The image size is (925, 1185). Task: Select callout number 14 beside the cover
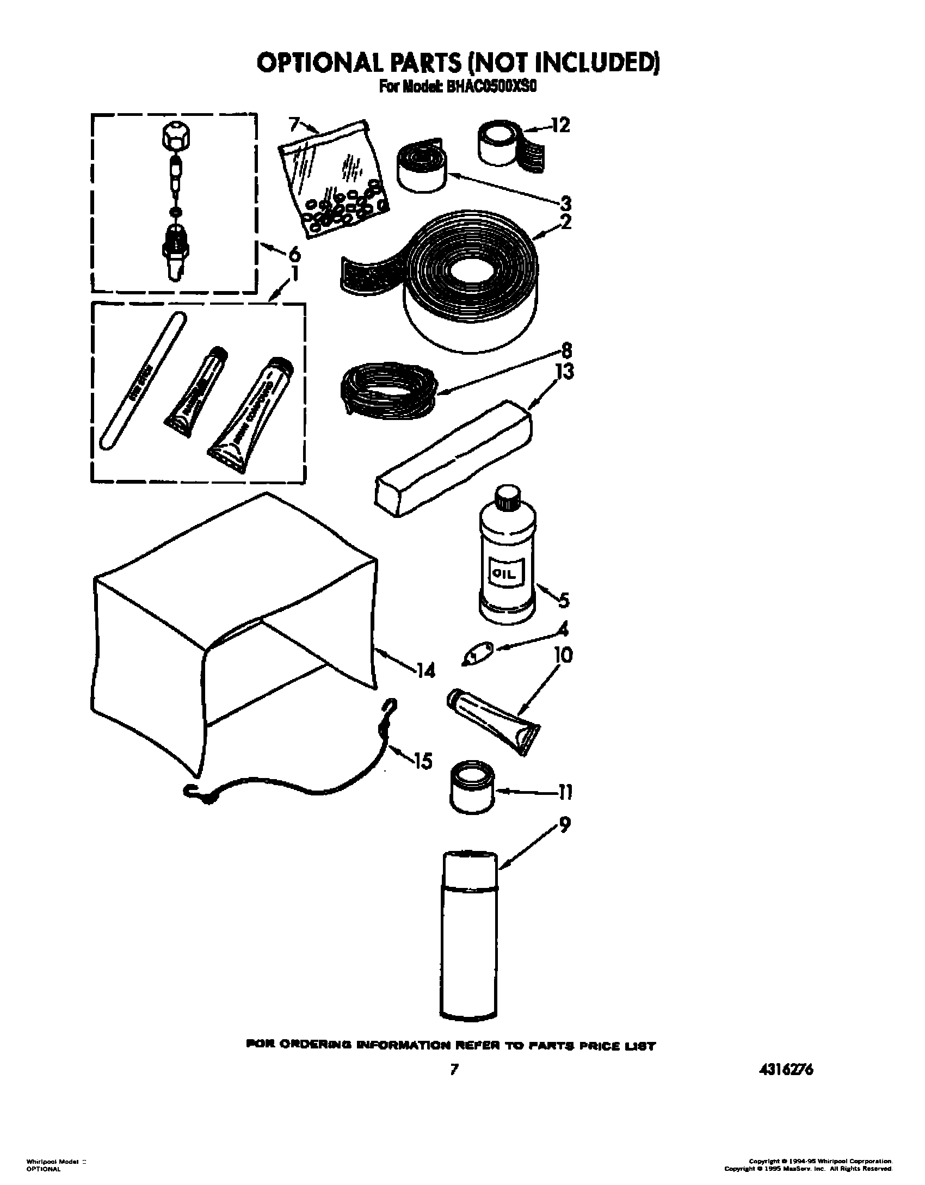pyautogui.click(x=425, y=672)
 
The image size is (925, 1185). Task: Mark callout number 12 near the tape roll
pyautogui.click(x=560, y=126)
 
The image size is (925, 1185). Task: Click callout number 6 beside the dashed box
pyautogui.click(x=293, y=253)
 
